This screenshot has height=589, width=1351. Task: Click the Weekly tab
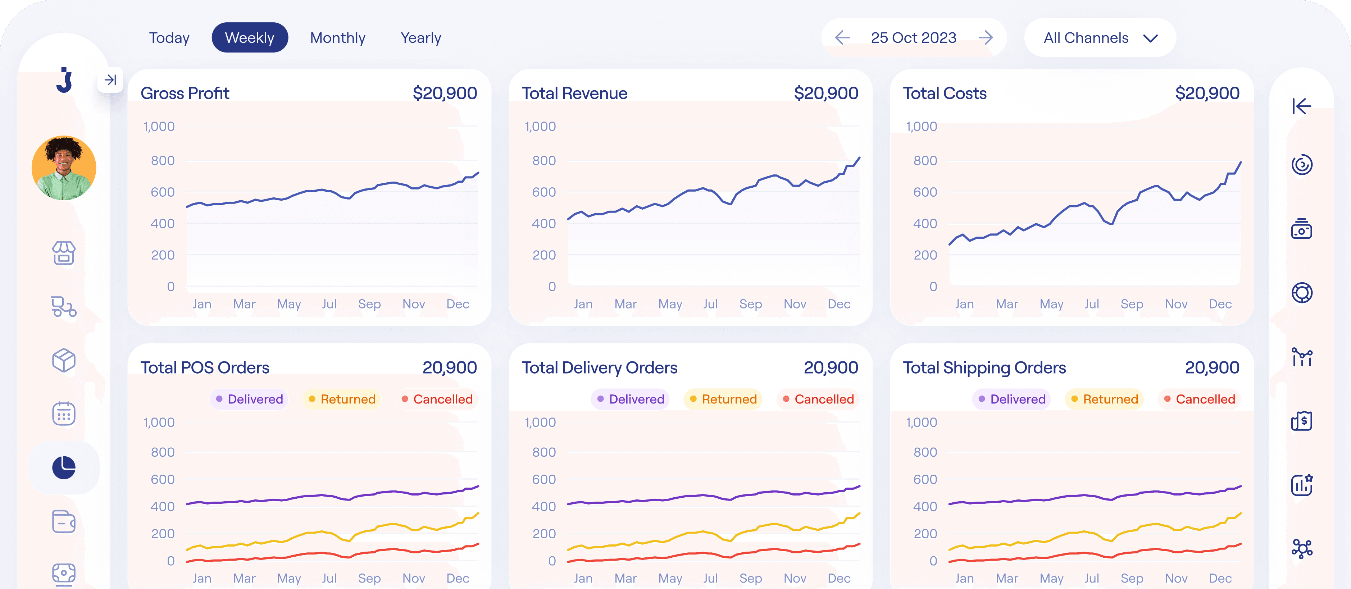(x=250, y=38)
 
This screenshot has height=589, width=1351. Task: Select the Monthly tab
(x=337, y=38)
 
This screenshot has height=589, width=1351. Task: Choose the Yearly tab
(x=420, y=38)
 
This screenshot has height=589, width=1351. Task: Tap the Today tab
(x=169, y=38)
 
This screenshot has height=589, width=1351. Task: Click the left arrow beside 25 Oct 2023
(x=842, y=38)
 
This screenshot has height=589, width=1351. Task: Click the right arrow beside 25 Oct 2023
(x=986, y=38)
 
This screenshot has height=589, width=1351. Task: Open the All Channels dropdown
(x=1100, y=38)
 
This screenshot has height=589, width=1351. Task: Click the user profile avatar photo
(x=64, y=168)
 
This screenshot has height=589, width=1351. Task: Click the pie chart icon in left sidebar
(x=64, y=467)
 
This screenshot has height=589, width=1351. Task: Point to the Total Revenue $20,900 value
(x=825, y=93)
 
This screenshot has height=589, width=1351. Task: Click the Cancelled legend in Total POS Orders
(x=437, y=399)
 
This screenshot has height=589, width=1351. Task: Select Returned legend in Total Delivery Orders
(x=723, y=399)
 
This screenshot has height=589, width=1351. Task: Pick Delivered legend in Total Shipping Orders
(x=1012, y=399)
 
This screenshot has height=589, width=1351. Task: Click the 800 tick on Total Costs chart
(x=925, y=160)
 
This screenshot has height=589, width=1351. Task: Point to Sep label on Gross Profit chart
(x=369, y=304)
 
